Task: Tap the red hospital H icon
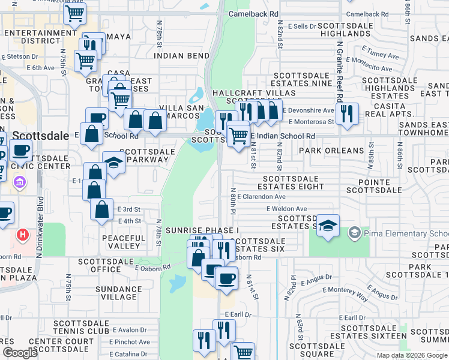[x=23, y=235]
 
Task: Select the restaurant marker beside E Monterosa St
[x=347, y=113]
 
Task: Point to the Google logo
[x=20, y=353]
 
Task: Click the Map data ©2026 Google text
[x=412, y=355]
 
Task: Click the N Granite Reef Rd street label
[x=339, y=72]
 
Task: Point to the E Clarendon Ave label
[x=262, y=196]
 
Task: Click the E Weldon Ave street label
[x=287, y=209]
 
